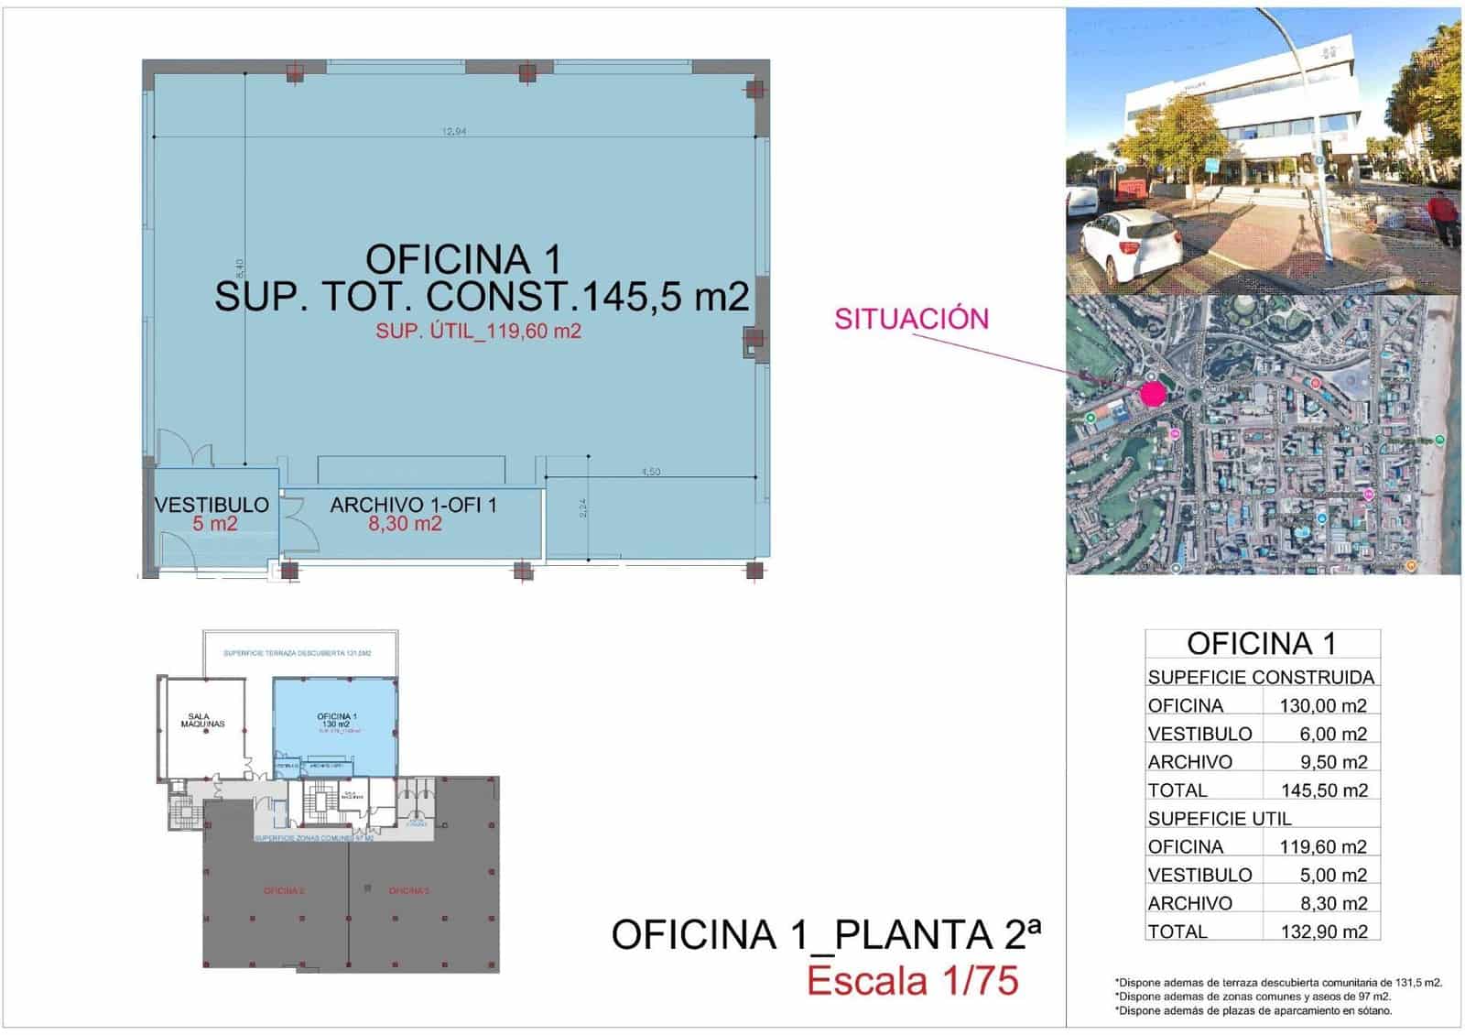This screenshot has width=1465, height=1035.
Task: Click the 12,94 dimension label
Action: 454,131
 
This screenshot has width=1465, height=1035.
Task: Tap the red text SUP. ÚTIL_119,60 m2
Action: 478,332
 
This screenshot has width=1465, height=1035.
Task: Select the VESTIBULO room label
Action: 212,505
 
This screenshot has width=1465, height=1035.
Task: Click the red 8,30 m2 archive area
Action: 405,524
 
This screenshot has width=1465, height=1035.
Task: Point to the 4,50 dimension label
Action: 650,472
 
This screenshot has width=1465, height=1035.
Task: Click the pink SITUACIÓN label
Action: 911,319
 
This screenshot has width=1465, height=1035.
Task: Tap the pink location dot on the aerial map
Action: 1153,395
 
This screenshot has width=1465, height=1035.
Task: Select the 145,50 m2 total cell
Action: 1324,790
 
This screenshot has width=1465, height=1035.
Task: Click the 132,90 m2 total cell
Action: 1324,931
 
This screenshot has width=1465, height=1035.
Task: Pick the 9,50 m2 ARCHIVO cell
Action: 1333,762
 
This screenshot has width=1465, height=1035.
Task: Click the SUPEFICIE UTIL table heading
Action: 1220,819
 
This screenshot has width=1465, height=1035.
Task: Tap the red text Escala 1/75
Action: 912,981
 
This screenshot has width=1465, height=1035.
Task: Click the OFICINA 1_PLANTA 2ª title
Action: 826,935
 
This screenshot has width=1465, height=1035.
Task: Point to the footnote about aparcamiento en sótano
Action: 1253,1011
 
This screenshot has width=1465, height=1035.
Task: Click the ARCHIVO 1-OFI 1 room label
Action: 413,505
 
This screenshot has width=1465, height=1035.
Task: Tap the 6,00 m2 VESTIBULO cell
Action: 1333,734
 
